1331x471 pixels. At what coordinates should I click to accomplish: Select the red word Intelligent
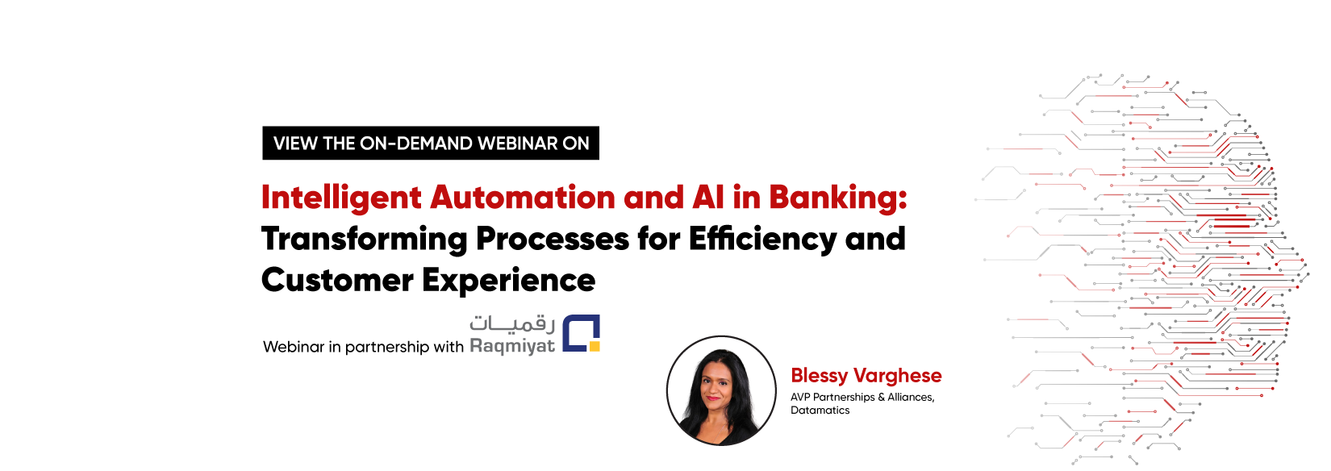[x=341, y=198]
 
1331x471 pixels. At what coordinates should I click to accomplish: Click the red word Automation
[x=523, y=198]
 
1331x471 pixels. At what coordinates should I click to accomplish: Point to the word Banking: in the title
[x=837, y=198]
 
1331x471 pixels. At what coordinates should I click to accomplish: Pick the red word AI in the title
[x=707, y=198]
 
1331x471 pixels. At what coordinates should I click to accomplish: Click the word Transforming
[x=364, y=240]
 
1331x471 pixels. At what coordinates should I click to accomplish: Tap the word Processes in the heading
[x=552, y=240]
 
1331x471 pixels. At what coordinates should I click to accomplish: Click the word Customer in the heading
[x=337, y=281]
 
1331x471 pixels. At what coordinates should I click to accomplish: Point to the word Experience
[x=508, y=281]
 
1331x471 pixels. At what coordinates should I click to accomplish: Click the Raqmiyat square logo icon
[x=581, y=333]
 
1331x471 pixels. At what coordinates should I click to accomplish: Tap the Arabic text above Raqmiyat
[x=512, y=323]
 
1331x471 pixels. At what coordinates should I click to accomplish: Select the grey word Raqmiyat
[x=512, y=347]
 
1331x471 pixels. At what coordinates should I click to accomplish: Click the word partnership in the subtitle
[x=387, y=347]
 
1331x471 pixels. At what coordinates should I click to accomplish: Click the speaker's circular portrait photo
[x=721, y=390]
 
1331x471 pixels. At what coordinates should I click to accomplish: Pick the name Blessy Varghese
[x=866, y=376]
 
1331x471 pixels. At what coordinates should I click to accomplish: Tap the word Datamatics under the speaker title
[x=820, y=411]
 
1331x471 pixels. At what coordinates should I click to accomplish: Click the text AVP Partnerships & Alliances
[x=862, y=397]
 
